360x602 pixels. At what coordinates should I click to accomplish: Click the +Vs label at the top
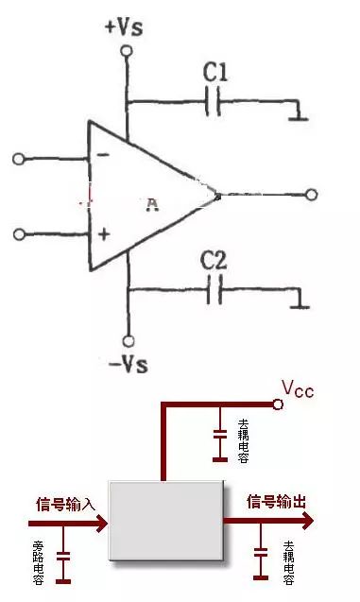pos(124,26)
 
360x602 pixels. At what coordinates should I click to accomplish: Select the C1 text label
pos(216,71)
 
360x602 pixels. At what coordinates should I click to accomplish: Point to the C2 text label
pos(215,259)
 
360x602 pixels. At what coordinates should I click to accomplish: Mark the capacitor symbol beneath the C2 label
pos(214,290)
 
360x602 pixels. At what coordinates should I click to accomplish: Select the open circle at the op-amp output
pos(311,195)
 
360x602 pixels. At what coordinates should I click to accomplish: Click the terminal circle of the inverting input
pos(19,159)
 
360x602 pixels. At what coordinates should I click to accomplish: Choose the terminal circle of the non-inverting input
pos(19,232)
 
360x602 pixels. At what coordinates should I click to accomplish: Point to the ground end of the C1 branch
pos(298,115)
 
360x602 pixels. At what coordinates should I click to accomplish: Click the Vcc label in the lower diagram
pos(298,387)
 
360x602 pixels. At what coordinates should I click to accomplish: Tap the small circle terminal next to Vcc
pos(278,404)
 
